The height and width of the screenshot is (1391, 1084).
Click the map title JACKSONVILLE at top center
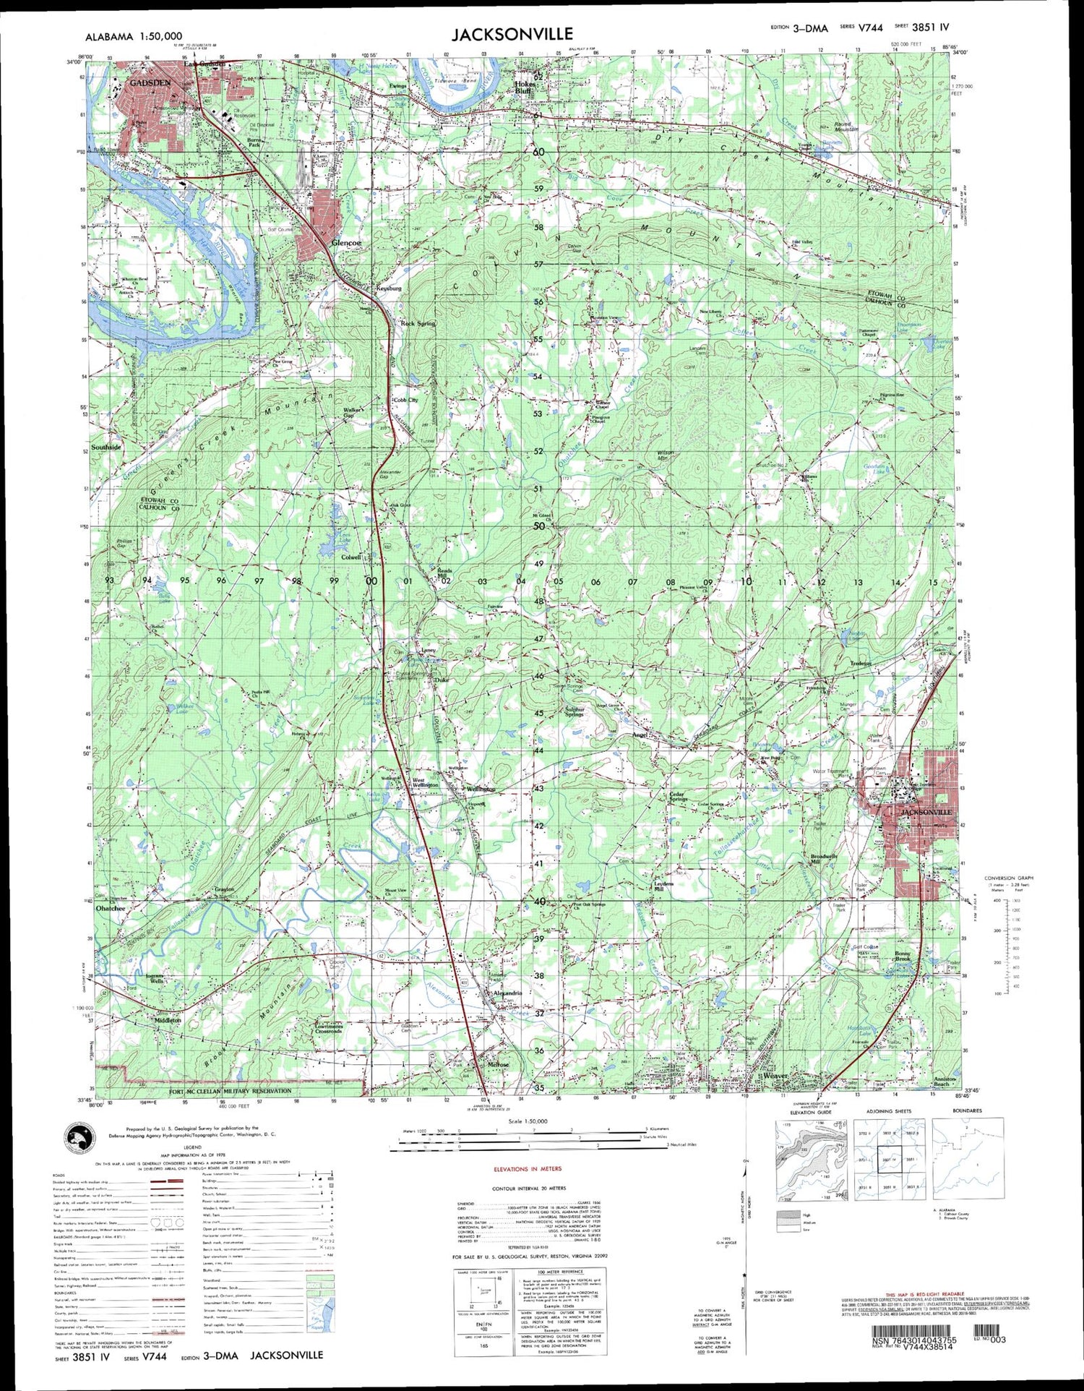(512, 34)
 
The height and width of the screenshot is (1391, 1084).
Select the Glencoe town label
(345, 244)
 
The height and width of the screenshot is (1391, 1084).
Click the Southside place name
(106, 447)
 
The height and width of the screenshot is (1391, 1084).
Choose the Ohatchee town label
(111, 908)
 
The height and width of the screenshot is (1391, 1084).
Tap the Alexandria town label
(507, 993)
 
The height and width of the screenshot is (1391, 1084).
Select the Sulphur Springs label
(578, 711)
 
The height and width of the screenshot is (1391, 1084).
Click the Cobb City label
(405, 400)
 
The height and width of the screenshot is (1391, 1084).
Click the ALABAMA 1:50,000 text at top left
(134, 36)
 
